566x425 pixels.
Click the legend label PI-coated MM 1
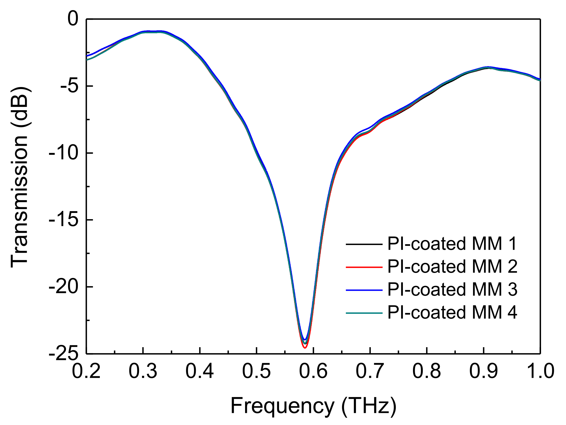pyautogui.click(x=452, y=244)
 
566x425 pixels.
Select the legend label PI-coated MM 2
pyautogui.click(x=452, y=267)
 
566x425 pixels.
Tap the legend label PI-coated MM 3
pyautogui.click(x=452, y=290)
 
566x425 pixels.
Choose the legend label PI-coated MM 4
pyautogui.click(x=452, y=312)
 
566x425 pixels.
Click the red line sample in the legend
pyautogui.click(x=364, y=267)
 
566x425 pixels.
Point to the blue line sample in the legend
pyautogui.click(x=364, y=290)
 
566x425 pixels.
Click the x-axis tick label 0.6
pyautogui.click(x=313, y=371)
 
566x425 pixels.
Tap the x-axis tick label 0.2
pyautogui.click(x=86, y=371)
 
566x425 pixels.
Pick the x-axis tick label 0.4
pyautogui.click(x=200, y=371)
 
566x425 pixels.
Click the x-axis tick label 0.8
pyautogui.click(x=427, y=371)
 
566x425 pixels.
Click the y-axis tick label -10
pyautogui.click(x=63, y=153)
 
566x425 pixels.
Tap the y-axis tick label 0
pyautogui.click(x=72, y=19)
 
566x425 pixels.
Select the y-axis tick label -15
pyautogui.click(x=63, y=220)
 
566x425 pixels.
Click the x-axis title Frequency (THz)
pyautogui.click(x=313, y=406)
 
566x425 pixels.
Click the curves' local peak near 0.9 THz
pyautogui.click(x=487, y=67)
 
